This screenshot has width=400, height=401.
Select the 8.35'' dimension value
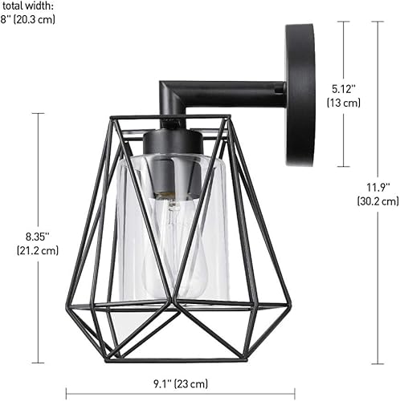point(36,237)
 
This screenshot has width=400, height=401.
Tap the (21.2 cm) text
point(37,250)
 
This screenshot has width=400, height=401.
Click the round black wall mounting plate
point(300,94)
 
